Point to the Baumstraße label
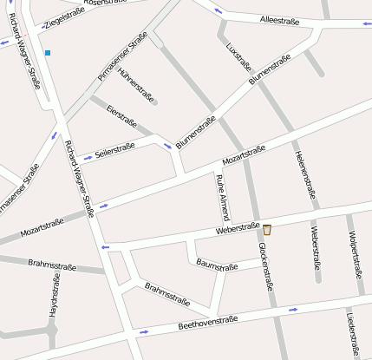217,264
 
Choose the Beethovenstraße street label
207,323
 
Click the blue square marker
48,53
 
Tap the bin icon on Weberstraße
267,230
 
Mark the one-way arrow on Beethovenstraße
293,308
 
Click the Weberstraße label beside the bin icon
238,230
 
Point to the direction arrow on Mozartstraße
103,206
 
